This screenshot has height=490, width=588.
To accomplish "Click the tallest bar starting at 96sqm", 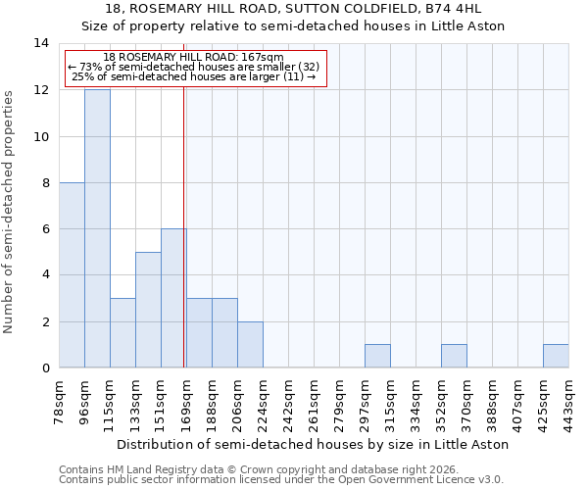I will click(x=97, y=228).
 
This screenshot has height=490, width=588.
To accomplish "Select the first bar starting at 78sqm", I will click(x=72, y=275).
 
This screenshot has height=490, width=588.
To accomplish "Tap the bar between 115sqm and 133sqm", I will click(x=122, y=333).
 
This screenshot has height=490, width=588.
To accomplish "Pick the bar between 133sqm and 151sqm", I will click(x=148, y=310).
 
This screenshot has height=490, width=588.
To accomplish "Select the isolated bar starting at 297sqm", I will click(x=377, y=357).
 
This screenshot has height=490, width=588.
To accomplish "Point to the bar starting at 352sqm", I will click(x=454, y=357).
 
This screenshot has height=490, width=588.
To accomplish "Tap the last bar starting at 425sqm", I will click(x=556, y=357).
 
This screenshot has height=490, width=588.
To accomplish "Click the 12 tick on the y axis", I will click(x=42, y=90).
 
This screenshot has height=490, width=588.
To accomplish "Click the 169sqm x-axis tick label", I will click(x=186, y=402).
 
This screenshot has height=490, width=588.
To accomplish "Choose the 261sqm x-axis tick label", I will click(x=314, y=402).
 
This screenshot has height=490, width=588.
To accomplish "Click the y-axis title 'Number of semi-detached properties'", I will click(x=10, y=212).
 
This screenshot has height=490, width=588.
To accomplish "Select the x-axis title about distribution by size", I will click(x=313, y=444).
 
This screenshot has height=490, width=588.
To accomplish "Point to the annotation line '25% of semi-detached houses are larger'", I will click(x=194, y=76).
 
